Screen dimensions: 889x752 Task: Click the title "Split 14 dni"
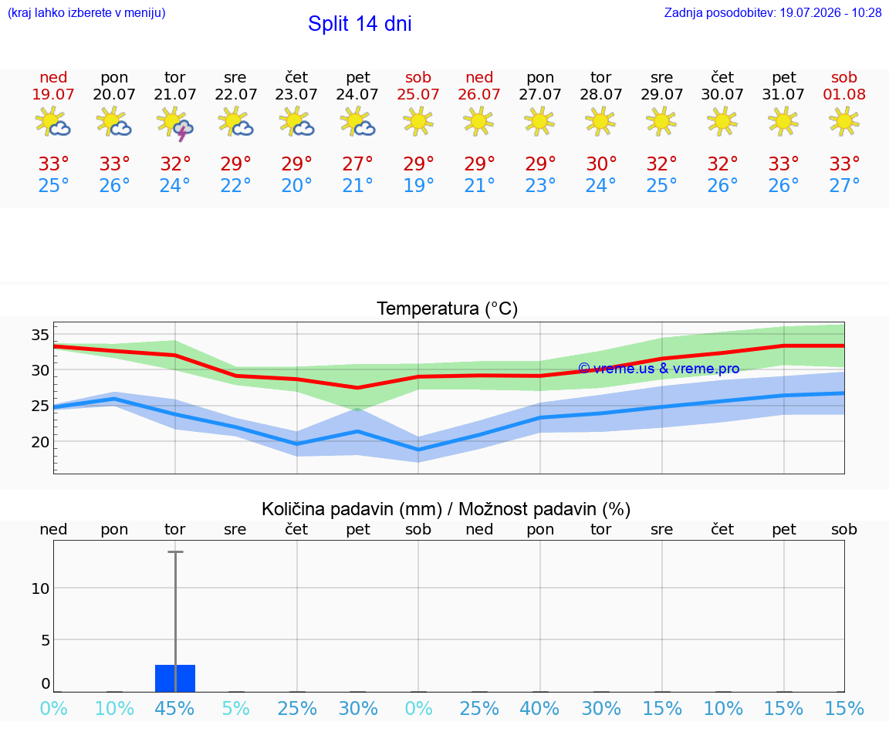coord(360,24)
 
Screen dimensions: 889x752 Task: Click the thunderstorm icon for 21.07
coord(175,123)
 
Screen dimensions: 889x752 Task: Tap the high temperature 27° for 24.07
coord(357,164)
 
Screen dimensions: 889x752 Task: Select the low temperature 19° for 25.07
coord(418,185)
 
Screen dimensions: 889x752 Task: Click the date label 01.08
coord(844,94)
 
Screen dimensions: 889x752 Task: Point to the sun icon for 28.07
coord(600,121)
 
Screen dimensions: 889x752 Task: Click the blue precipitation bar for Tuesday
coord(175,678)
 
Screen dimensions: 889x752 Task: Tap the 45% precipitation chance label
coord(174,708)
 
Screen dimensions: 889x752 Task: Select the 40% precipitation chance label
coord(539,708)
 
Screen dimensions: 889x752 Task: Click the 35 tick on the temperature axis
coord(40,335)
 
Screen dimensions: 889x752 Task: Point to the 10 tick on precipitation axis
coord(40,588)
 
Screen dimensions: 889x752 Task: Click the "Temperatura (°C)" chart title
coord(448,309)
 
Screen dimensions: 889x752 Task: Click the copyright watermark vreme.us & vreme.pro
coord(658,369)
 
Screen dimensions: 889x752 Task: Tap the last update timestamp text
coord(772,12)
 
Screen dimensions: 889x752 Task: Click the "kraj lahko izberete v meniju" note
coord(86,12)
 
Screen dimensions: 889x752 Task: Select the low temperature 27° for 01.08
coord(844,185)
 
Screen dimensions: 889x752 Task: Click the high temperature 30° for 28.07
coord(601,164)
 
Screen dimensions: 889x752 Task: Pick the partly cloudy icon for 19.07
coord(52,121)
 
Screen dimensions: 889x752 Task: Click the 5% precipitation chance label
coord(236,708)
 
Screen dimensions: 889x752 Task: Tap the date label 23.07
coord(296,94)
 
